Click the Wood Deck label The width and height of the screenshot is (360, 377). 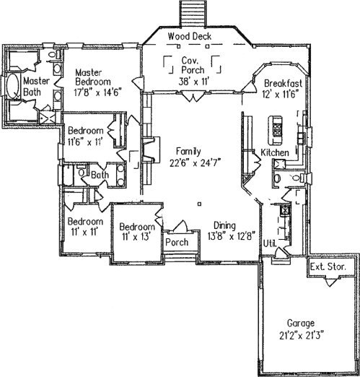click(190, 36)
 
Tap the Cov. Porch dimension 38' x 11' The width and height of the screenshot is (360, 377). click(193, 82)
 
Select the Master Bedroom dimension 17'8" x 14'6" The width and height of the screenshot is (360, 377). click(97, 92)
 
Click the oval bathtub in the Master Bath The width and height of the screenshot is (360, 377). click(13, 86)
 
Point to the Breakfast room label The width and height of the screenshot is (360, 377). click(283, 83)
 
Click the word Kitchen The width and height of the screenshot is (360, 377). click(275, 152)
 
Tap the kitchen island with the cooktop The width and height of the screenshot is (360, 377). click(276, 130)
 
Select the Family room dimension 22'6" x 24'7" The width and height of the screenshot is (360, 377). click(196, 162)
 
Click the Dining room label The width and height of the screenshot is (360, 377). click(225, 225)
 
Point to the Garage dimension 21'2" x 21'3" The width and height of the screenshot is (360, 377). click(301, 335)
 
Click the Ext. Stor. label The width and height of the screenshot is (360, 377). click(328, 266)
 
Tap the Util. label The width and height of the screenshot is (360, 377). click(270, 243)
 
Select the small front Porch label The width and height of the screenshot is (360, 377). click(177, 242)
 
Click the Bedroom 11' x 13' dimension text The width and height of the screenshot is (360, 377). click(136, 237)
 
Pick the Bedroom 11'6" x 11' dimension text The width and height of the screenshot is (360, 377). click(86, 142)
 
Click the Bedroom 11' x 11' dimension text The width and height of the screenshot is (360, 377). click(84, 232)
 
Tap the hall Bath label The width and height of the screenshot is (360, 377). click(100, 175)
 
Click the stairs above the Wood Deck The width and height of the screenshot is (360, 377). click(193, 12)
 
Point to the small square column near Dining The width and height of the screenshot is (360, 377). click(199, 204)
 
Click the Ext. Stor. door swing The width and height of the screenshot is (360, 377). click(331, 282)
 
